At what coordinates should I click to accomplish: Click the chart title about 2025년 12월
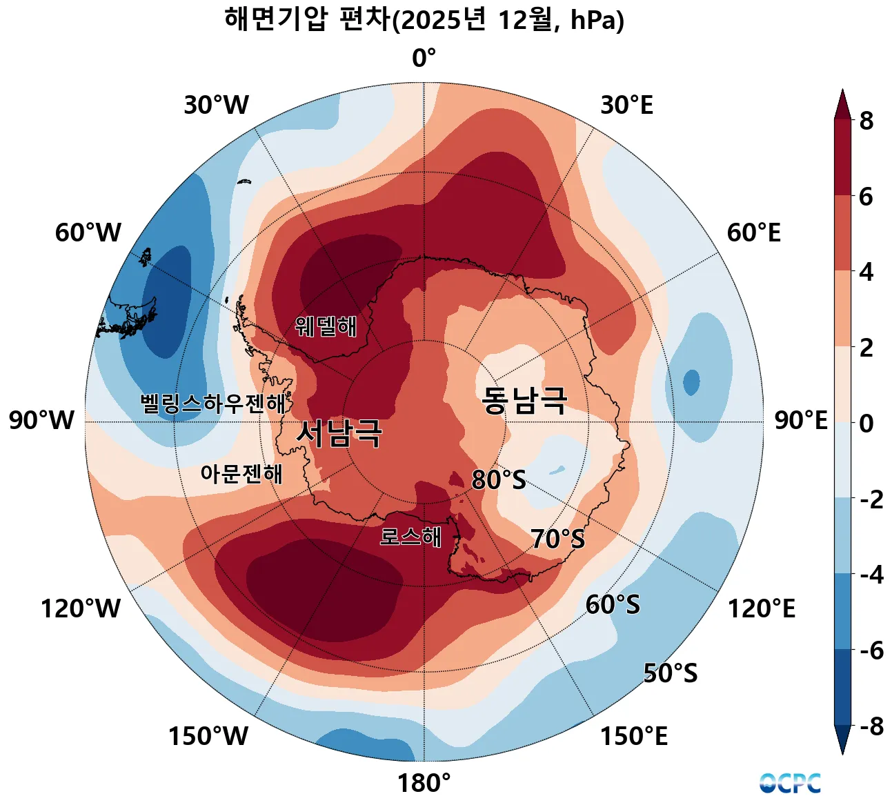click(x=424, y=20)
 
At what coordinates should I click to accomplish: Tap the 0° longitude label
click(x=424, y=59)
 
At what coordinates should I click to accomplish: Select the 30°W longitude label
click(x=216, y=106)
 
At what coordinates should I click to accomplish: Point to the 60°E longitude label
click(x=753, y=233)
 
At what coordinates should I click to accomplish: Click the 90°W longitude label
click(x=41, y=420)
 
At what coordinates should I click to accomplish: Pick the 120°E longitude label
click(x=762, y=609)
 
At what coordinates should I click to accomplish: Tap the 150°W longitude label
click(x=208, y=737)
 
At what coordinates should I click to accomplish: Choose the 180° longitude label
click(x=424, y=784)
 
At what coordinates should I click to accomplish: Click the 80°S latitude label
click(x=498, y=480)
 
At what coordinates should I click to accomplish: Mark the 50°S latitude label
click(x=670, y=673)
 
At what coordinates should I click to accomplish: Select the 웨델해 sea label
click(x=326, y=326)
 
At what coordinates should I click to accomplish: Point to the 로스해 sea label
click(x=410, y=537)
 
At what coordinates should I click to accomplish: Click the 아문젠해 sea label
click(x=241, y=474)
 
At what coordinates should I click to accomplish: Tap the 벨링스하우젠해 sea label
click(x=213, y=404)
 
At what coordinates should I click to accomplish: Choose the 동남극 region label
click(x=524, y=400)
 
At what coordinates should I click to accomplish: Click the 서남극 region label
click(x=339, y=434)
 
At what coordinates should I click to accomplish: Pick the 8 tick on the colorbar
click(x=866, y=121)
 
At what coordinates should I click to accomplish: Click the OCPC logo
click(x=790, y=784)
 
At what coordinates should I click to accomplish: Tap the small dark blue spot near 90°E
click(x=691, y=382)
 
